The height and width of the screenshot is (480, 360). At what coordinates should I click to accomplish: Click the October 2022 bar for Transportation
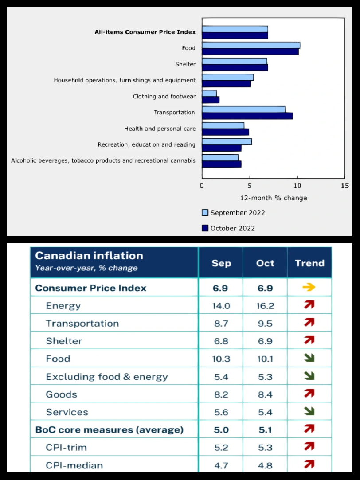tap(247, 116)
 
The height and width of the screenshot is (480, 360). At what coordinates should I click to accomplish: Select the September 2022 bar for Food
tap(251, 45)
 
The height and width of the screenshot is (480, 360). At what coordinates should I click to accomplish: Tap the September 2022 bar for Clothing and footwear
tap(209, 93)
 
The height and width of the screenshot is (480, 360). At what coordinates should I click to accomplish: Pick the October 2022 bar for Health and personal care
tap(225, 132)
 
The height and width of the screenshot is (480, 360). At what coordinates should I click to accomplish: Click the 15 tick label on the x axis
tap(345, 186)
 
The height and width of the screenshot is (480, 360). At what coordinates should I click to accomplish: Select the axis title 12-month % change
tap(274, 198)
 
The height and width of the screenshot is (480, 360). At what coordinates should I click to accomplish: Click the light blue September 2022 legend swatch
tap(205, 213)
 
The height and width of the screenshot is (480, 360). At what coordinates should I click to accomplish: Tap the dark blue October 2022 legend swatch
tap(205, 228)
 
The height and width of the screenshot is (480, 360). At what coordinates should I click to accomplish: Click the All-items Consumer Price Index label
tap(145, 32)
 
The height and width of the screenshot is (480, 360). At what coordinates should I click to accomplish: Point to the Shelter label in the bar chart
tap(185, 64)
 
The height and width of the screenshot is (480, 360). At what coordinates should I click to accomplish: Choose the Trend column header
tap(309, 263)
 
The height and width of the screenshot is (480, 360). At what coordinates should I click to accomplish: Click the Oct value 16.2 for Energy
tap(265, 306)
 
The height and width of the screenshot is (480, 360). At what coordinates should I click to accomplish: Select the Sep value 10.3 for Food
tap(221, 359)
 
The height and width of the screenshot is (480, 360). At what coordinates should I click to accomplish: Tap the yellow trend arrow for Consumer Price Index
tap(309, 288)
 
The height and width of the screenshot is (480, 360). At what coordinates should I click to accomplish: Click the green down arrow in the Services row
tap(309, 412)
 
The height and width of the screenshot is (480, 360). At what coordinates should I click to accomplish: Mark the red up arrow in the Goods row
tap(309, 394)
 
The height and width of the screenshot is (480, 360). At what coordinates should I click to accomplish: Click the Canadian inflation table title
tap(89, 256)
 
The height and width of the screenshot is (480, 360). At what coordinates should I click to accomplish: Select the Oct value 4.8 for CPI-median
tap(265, 465)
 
